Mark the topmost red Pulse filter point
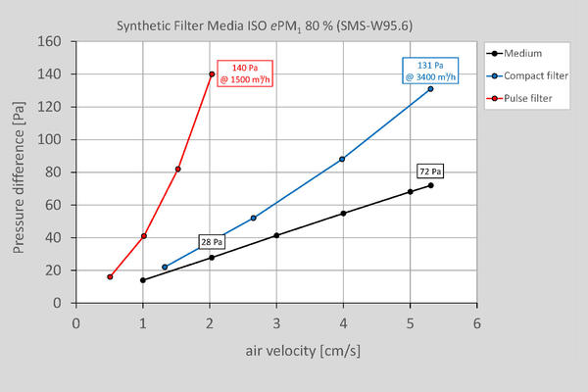[x=212, y=74]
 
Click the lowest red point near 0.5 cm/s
[x=110, y=276]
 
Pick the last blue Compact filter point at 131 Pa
[x=430, y=89]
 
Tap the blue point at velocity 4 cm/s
[x=342, y=159]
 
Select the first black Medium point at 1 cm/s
[x=143, y=280]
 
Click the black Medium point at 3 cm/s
[x=276, y=235]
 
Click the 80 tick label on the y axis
[x=57, y=172]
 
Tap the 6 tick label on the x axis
[x=476, y=320]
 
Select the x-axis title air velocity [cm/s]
[x=276, y=349]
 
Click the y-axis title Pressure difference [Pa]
[x=21, y=172]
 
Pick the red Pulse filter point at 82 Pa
[x=177, y=169]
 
